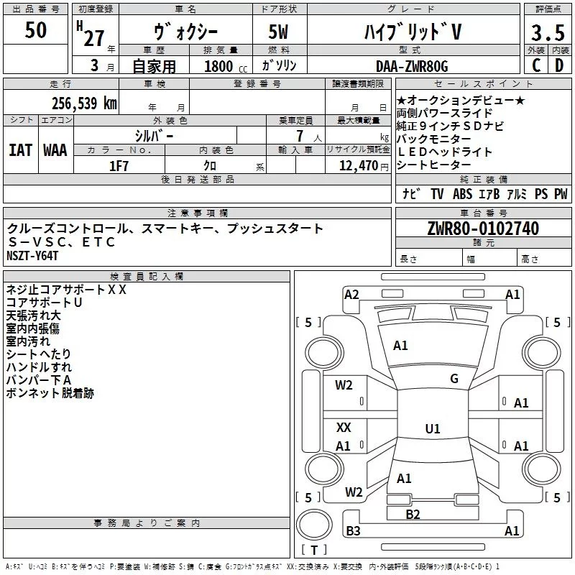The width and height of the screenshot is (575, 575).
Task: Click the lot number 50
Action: point(36,31)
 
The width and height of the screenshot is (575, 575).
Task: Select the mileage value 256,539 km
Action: point(83,103)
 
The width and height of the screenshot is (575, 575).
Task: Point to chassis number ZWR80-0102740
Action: point(483,229)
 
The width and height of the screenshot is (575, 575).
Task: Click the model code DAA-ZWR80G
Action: point(411,66)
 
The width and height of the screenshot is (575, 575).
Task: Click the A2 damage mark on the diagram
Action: point(351,294)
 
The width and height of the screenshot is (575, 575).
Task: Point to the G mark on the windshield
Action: point(454,379)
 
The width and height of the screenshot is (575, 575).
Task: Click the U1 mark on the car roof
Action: point(433,429)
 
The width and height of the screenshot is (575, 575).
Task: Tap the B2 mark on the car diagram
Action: point(413,514)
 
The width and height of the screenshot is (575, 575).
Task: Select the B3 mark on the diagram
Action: point(353,531)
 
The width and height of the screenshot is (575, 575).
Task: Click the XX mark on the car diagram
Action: point(344,428)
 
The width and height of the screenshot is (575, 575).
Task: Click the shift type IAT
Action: point(20,149)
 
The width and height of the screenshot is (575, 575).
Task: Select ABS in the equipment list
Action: point(463,193)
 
